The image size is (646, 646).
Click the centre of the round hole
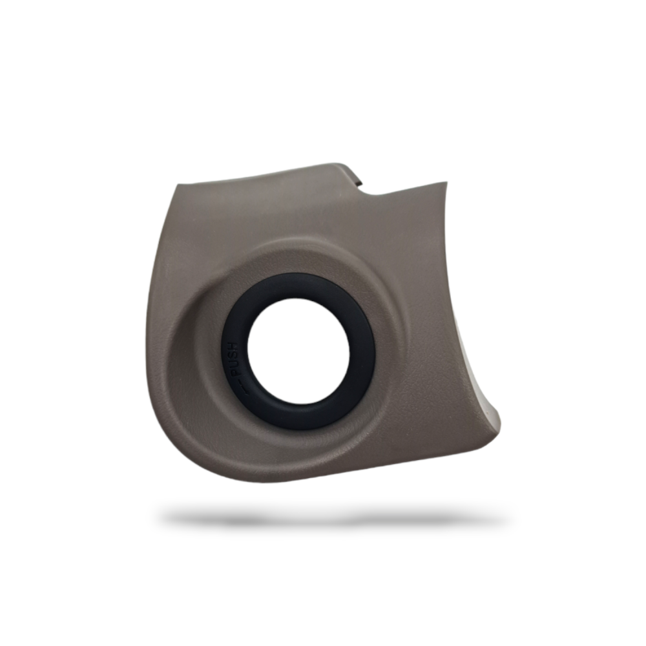(x=298, y=351)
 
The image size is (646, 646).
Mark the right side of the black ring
(x=362, y=351)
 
